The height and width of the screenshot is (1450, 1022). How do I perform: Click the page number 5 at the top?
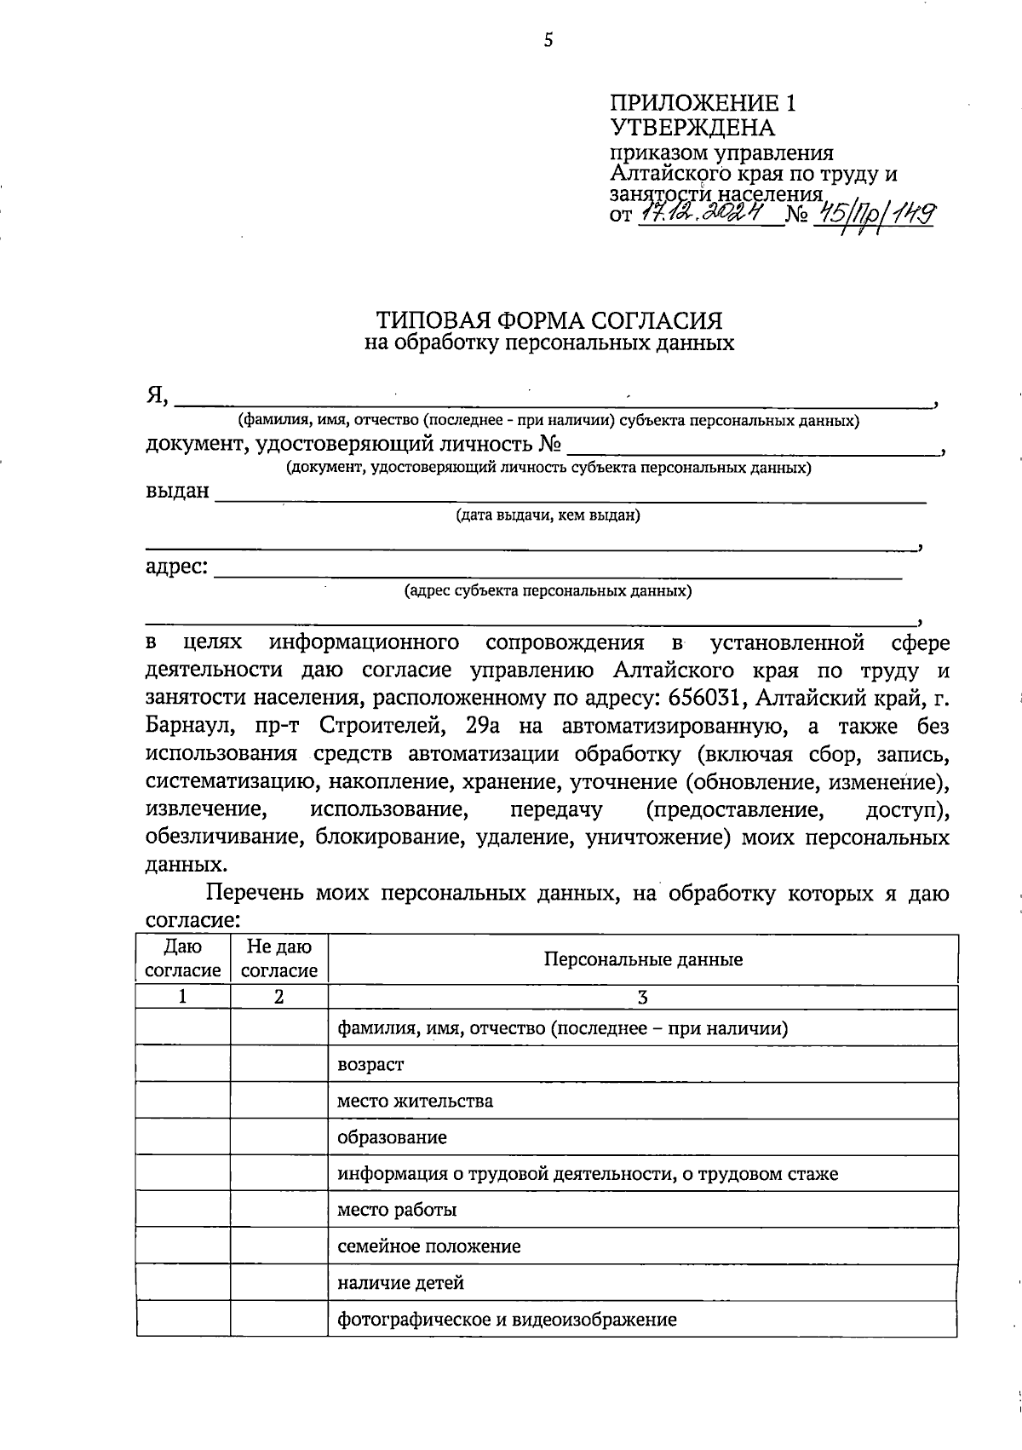click(x=548, y=40)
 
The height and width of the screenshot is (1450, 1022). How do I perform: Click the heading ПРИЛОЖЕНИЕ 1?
click(x=703, y=104)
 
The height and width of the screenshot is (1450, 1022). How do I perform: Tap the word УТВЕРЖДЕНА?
click(x=692, y=129)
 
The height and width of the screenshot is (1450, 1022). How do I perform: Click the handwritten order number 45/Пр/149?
click(x=874, y=213)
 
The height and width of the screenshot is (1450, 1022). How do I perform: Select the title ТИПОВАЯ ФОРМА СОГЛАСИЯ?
click(x=549, y=320)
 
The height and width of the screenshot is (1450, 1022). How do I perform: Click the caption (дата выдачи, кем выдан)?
click(x=548, y=515)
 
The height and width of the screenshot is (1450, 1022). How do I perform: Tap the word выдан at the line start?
click(x=177, y=492)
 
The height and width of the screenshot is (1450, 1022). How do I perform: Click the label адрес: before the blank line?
click(x=177, y=567)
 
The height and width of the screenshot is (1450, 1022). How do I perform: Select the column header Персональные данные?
click(x=643, y=959)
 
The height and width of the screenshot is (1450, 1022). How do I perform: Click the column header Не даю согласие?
click(x=278, y=958)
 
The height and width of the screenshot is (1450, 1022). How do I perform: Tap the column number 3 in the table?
click(x=643, y=998)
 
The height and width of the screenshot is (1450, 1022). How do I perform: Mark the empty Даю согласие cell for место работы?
click(x=183, y=1210)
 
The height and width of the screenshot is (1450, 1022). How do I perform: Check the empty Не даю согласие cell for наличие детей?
click(x=278, y=1283)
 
